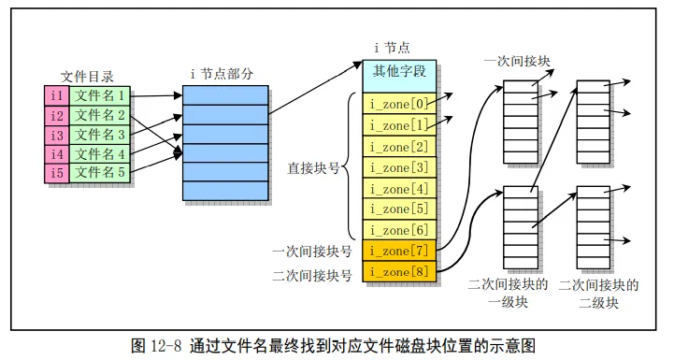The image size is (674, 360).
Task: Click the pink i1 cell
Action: [x=57, y=95]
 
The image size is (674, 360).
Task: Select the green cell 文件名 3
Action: [x=100, y=135]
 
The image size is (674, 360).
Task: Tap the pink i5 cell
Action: [x=57, y=173]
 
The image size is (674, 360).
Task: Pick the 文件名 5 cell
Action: [x=100, y=173]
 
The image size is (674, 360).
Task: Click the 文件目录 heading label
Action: [x=87, y=77]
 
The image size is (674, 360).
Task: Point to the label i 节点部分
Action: [x=222, y=74]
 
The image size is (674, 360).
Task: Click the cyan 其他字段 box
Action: [x=399, y=76]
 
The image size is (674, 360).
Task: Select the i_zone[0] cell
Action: [x=399, y=103]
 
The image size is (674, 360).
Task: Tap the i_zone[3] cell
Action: [x=399, y=167]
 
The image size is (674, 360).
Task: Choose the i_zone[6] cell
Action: [x=399, y=230]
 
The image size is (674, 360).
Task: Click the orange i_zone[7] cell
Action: [x=399, y=251]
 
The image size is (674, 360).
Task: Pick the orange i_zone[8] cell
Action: [x=399, y=272]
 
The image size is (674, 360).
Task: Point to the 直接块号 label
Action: [x=313, y=167]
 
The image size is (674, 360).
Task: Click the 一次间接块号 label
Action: [x=312, y=252]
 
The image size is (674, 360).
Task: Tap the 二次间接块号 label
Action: [x=312, y=275]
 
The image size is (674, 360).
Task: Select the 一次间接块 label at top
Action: [x=517, y=61]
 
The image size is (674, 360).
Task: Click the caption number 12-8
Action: [x=166, y=345]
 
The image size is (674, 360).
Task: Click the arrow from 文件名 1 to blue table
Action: [x=156, y=95]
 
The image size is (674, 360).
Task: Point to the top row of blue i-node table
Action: [x=225, y=95]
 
